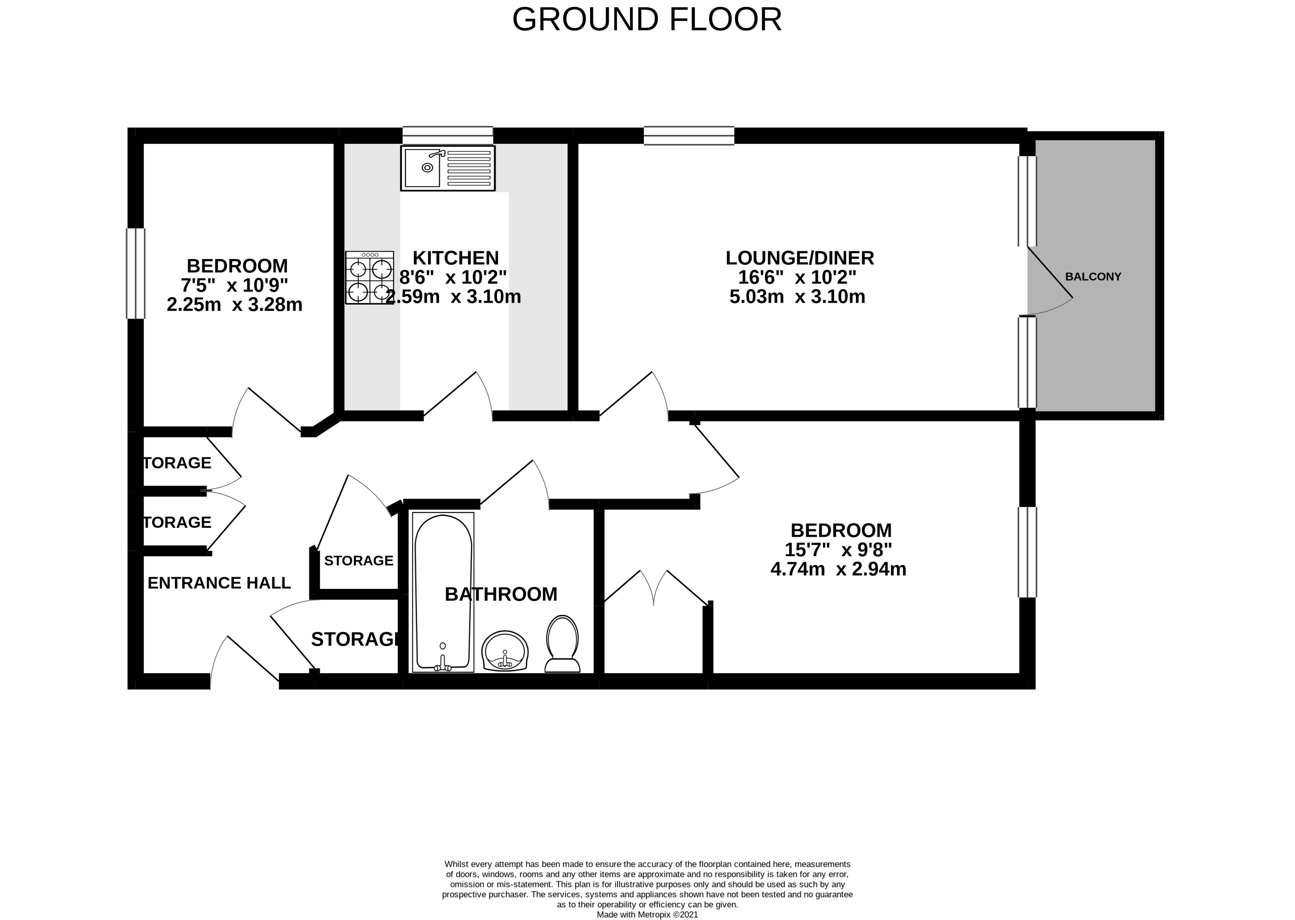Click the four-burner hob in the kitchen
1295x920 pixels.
pos(370,278)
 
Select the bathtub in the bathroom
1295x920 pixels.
pos(443,592)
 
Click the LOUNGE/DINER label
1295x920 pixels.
pos(800,258)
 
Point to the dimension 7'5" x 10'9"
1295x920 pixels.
pos(234,285)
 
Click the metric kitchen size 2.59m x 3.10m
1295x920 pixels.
pos(453,297)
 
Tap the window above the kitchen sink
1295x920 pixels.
pos(447,135)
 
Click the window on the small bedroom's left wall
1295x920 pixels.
pos(136,273)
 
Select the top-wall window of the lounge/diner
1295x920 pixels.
pos(689,136)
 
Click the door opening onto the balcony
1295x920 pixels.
pos(1048,283)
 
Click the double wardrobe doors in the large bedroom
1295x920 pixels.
pos(655,589)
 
